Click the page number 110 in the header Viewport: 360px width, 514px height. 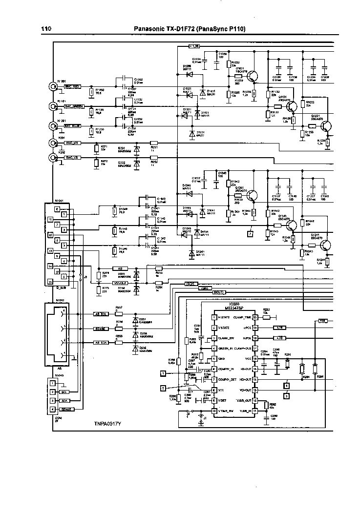click(x=46, y=29)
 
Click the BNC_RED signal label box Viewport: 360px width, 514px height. click(x=73, y=86)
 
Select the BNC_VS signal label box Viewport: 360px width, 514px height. click(x=72, y=158)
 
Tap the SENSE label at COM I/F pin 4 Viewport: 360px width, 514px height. click(x=67, y=409)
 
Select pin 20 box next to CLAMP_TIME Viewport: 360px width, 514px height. click(x=255, y=318)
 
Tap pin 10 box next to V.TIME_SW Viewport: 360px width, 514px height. click(x=214, y=411)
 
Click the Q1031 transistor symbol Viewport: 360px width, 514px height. click(x=252, y=76)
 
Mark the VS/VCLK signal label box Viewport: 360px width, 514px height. click(x=120, y=283)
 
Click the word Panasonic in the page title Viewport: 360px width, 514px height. click(x=150, y=29)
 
